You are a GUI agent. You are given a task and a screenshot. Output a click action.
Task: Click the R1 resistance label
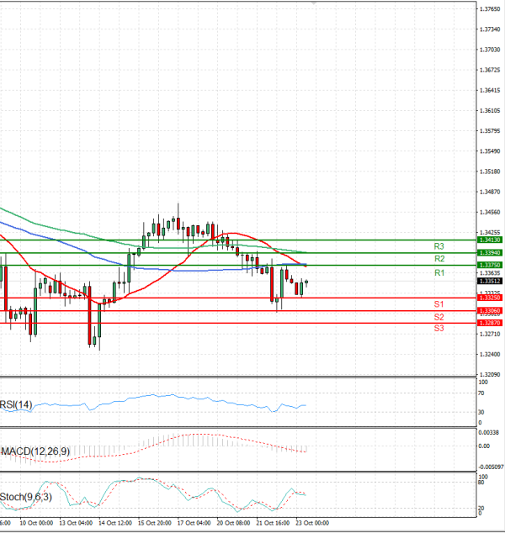[439, 273]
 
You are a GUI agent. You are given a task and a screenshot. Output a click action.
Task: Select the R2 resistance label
[439, 259]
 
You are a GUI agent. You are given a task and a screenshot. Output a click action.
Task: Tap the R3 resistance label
[439, 246]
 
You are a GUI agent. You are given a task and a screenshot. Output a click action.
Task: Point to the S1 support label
[439, 303]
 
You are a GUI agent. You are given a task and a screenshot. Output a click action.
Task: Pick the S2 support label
[439, 317]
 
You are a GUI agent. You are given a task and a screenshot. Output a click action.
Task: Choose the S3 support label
[439, 329]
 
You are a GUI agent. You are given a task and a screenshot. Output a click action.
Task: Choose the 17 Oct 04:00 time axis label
[194, 523]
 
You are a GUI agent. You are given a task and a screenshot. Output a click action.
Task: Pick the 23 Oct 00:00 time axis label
[311, 523]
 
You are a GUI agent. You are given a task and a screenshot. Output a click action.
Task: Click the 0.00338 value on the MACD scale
[489, 432]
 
